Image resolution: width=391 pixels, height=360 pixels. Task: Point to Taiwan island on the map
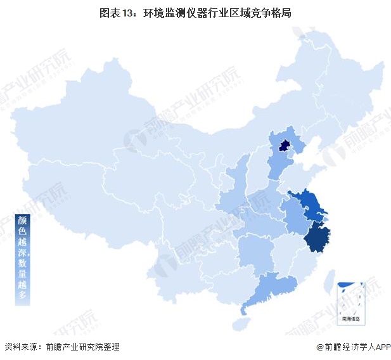coord(328,278)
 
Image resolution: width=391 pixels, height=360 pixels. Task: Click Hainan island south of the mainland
coord(240,323)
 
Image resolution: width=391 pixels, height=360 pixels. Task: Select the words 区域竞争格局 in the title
coord(260,13)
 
